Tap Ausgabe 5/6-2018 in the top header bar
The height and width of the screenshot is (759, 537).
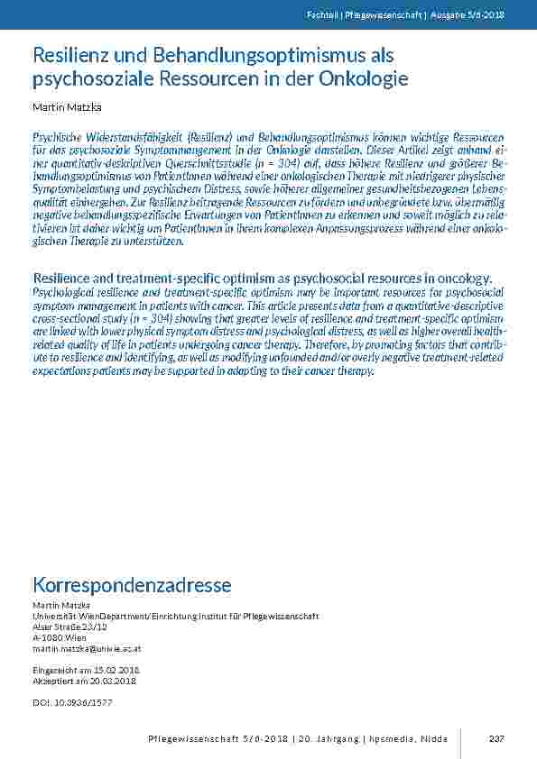click(473, 15)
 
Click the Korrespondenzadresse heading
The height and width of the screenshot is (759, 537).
click(132, 586)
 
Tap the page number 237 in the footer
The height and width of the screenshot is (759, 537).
click(495, 739)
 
